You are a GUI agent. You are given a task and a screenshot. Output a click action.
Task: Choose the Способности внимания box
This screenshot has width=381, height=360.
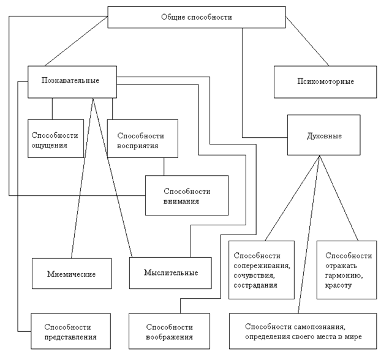(186, 195)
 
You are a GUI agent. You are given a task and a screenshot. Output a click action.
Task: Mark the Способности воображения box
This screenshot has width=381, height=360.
(170, 331)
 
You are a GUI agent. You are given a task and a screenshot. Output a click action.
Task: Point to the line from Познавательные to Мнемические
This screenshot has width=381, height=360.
(82, 178)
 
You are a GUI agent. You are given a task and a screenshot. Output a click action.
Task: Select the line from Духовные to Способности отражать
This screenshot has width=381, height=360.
(339, 196)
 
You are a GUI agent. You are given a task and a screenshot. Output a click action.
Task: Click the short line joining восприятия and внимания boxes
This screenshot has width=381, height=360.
(164, 167)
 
